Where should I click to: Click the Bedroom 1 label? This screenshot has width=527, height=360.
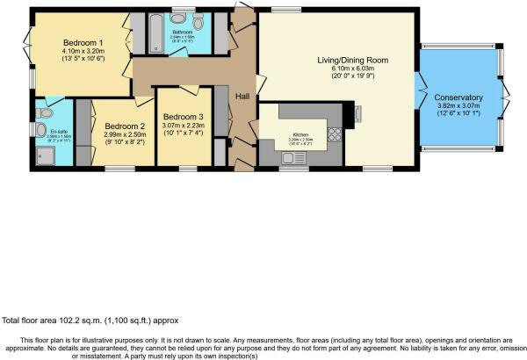[x=83, y=42]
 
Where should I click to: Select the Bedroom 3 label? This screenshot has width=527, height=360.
[x=183, y=117]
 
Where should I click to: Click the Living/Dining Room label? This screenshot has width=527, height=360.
[x=352, y=61]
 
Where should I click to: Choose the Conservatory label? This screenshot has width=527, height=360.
[x=458, y=97]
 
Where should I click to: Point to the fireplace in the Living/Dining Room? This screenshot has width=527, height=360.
[x=358, y=111]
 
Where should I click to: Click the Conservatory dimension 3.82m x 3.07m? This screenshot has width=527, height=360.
[x=458, y=106]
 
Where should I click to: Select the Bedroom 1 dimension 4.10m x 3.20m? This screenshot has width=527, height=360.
[x=83, y=52]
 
